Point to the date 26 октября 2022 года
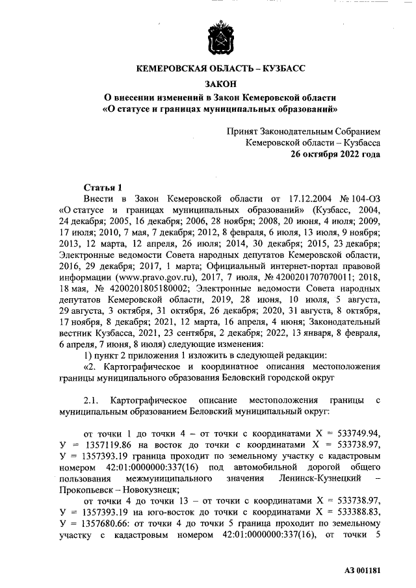tap(335, 155)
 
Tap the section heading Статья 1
tap(103, 186)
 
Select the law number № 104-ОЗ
tap(354, 198)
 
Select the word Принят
tap(242, 130)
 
